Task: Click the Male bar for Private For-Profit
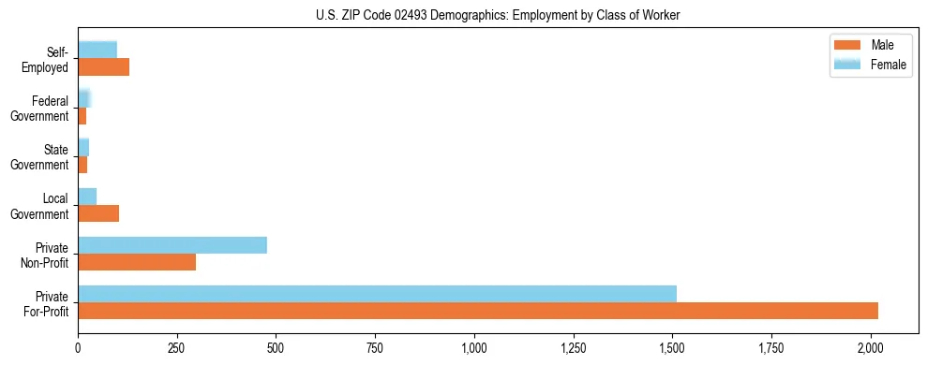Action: coord(478,311)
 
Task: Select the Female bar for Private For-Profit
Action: coord(377,294)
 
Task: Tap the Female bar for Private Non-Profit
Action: coord(172,245)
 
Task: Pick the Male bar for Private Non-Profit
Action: coord(137,262)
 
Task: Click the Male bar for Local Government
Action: coord(98,213)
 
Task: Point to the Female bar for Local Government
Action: coord(87,196)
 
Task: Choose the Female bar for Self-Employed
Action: coord(97,50)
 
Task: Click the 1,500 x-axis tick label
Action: coord(672,348)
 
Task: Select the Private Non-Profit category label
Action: coord(43,255)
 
